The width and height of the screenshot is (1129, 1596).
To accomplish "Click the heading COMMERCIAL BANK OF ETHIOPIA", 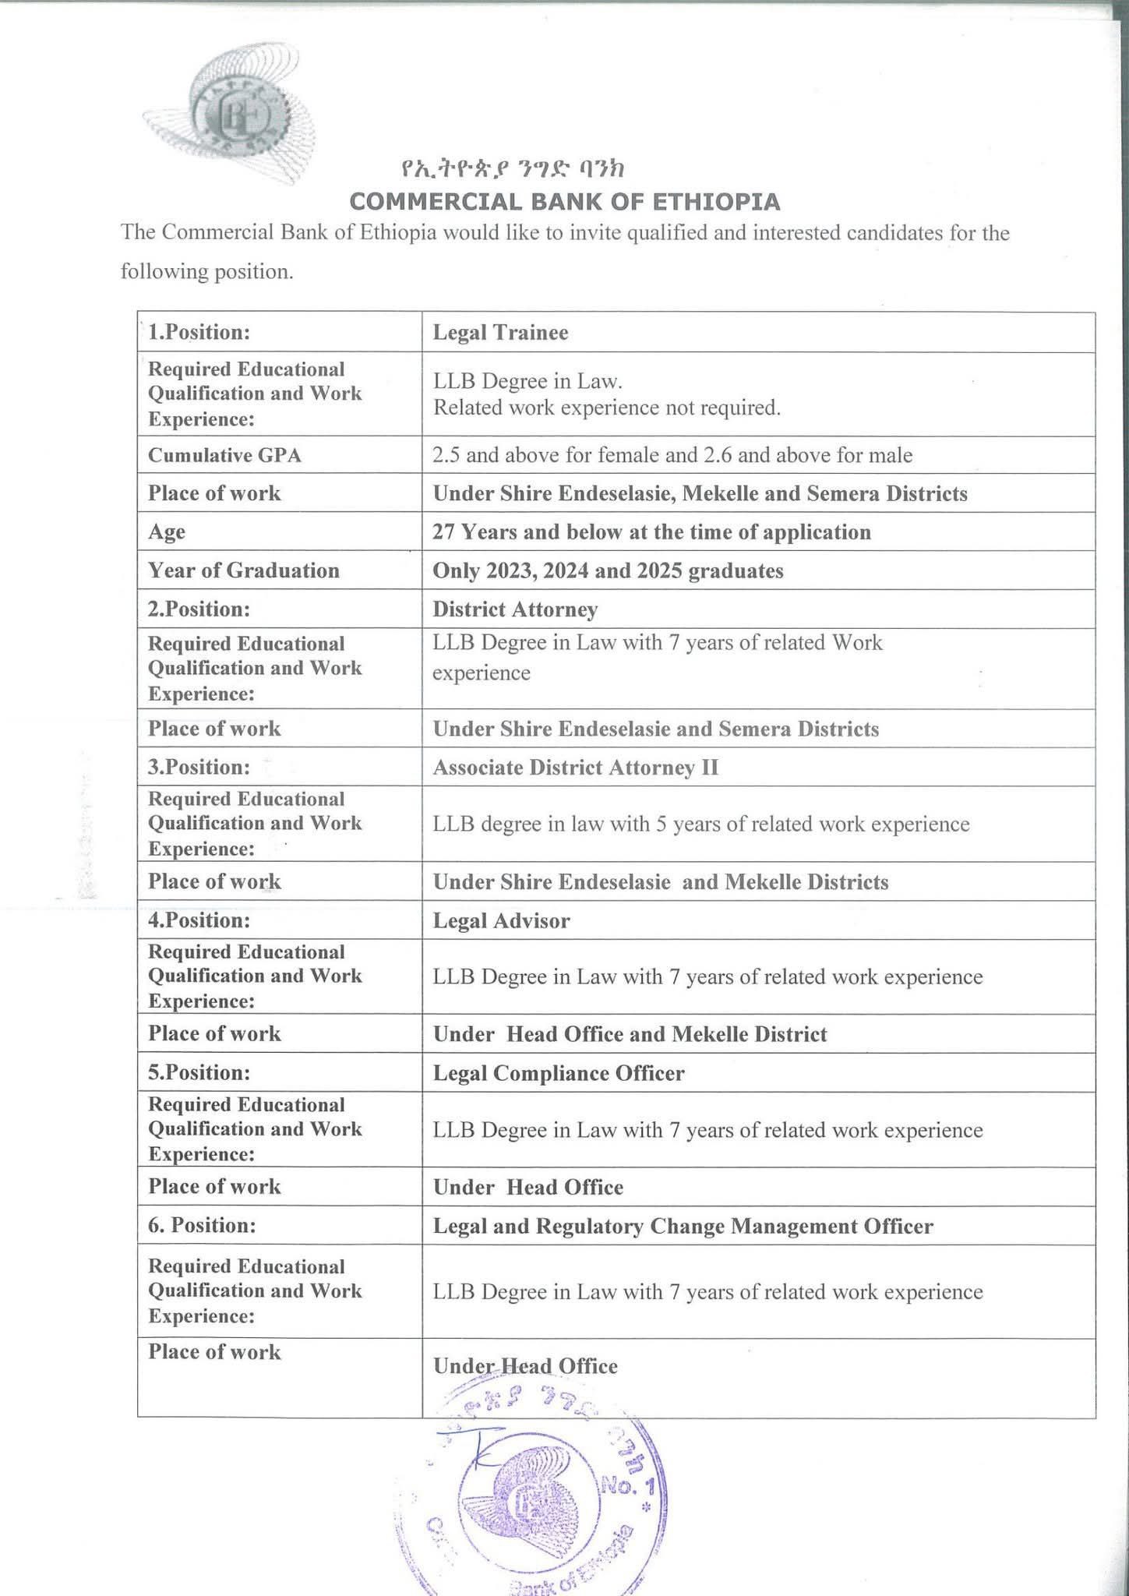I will coord(564,202).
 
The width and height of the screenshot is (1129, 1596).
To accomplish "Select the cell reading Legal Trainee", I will coord(500,333).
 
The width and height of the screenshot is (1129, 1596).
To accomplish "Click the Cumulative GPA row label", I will coord(224,455).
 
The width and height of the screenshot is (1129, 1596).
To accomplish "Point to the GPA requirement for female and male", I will coord(672,455).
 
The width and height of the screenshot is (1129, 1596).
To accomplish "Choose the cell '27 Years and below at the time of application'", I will coord(651,532).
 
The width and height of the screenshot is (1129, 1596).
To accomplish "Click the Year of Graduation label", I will coord(243,570).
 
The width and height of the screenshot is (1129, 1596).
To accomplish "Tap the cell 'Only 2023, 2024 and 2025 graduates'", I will coord(608,570).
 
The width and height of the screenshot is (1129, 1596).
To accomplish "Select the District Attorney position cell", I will coord(515,609).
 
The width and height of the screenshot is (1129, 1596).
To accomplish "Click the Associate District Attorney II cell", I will coord(575,768).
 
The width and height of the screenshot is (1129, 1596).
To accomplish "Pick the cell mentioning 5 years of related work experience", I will coord(700,824).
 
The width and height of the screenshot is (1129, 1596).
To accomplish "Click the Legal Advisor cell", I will coord(501,921).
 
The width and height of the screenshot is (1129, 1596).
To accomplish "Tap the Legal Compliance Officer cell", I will coord(558,1073).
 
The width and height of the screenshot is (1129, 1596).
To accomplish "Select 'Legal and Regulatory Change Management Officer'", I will coord(683,1227).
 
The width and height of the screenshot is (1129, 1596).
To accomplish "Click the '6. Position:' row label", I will coord(201,1226).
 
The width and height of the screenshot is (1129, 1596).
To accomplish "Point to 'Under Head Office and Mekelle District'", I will coord(630,1034).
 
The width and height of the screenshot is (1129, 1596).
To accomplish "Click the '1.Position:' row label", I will coord(199,332).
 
